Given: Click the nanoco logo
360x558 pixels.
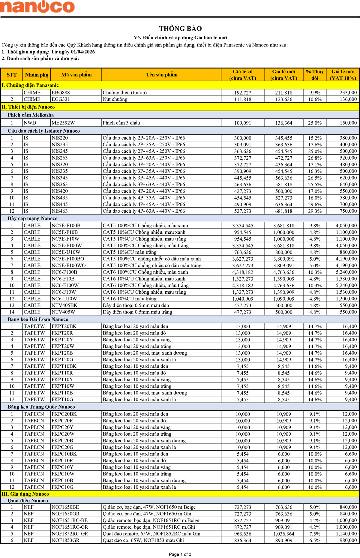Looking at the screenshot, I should (x=37, y=7).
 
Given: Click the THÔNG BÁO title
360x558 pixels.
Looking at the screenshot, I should (x=180, y=28).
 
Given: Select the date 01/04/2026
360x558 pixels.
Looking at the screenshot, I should (x=83, y=52).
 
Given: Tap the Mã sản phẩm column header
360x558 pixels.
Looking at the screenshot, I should (x=76, y=75).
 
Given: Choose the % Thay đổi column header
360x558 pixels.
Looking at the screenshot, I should (x=315, y=75).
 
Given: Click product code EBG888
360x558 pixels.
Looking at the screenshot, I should (x=61, y=93).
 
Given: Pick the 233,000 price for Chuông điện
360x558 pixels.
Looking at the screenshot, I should (x=348, y=93).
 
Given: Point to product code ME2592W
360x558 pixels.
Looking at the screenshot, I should (x=63, y=123).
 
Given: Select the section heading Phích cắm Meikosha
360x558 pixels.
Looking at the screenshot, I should (x=31, y=115).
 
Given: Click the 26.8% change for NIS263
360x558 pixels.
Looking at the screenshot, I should (x=315, y=158).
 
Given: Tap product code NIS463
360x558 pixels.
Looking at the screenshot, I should (x=60, y=211).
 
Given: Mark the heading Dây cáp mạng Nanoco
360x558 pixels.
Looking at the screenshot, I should (x=32, y=218).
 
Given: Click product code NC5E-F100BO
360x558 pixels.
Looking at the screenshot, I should (x=68, y=259).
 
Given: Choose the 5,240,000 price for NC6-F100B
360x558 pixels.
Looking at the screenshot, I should (x=346, y=272).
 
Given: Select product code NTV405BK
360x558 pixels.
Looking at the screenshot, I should (x=64, y=305).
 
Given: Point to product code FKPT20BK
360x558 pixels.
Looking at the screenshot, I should (x=64, y=326).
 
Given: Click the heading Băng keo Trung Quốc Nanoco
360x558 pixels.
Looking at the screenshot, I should (x=41, y=407).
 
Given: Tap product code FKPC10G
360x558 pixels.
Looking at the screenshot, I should (x=62, y=487).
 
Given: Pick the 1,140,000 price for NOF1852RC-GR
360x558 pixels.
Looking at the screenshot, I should (x=346, y=534).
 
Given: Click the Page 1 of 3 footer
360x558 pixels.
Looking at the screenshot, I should (x=180, y=554).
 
